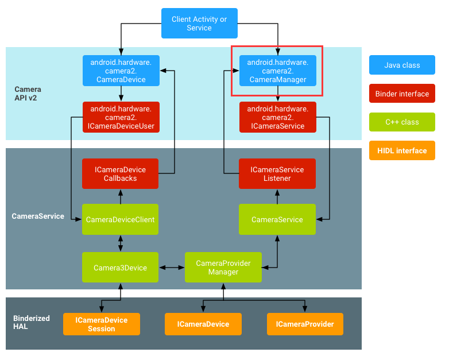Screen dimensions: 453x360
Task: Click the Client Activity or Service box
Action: click(199, 24)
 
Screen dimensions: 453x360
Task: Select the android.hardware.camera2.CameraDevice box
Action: click(121, 71)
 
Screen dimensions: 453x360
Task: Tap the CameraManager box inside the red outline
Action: click(278, 71)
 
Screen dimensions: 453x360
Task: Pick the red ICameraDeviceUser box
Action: click(121, 117)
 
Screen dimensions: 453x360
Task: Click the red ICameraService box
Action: click(278, 117)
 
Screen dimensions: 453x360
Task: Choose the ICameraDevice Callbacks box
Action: click(120, 173)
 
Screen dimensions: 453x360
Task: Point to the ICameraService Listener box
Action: click(277, 173)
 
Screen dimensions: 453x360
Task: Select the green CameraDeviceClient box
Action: click(120, 219)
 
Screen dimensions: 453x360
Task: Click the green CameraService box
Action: click(277, 219)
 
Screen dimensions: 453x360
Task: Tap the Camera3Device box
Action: click(120, 268)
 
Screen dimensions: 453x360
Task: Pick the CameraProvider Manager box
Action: click(223, 268)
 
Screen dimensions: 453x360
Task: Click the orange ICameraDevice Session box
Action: click(102, 324)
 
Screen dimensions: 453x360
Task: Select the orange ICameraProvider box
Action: click(305, 324)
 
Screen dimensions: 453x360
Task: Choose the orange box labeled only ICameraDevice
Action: click(203, 324)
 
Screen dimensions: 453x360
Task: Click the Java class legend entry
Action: click(402, 65)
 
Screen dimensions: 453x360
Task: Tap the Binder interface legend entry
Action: click(402, 94)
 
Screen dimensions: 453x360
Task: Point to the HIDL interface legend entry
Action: click(402, 150)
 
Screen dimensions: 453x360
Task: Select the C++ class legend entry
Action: click(402, 122)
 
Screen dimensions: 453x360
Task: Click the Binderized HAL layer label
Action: click(31, 323)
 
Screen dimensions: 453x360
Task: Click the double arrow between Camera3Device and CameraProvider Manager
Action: click(172, 268)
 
